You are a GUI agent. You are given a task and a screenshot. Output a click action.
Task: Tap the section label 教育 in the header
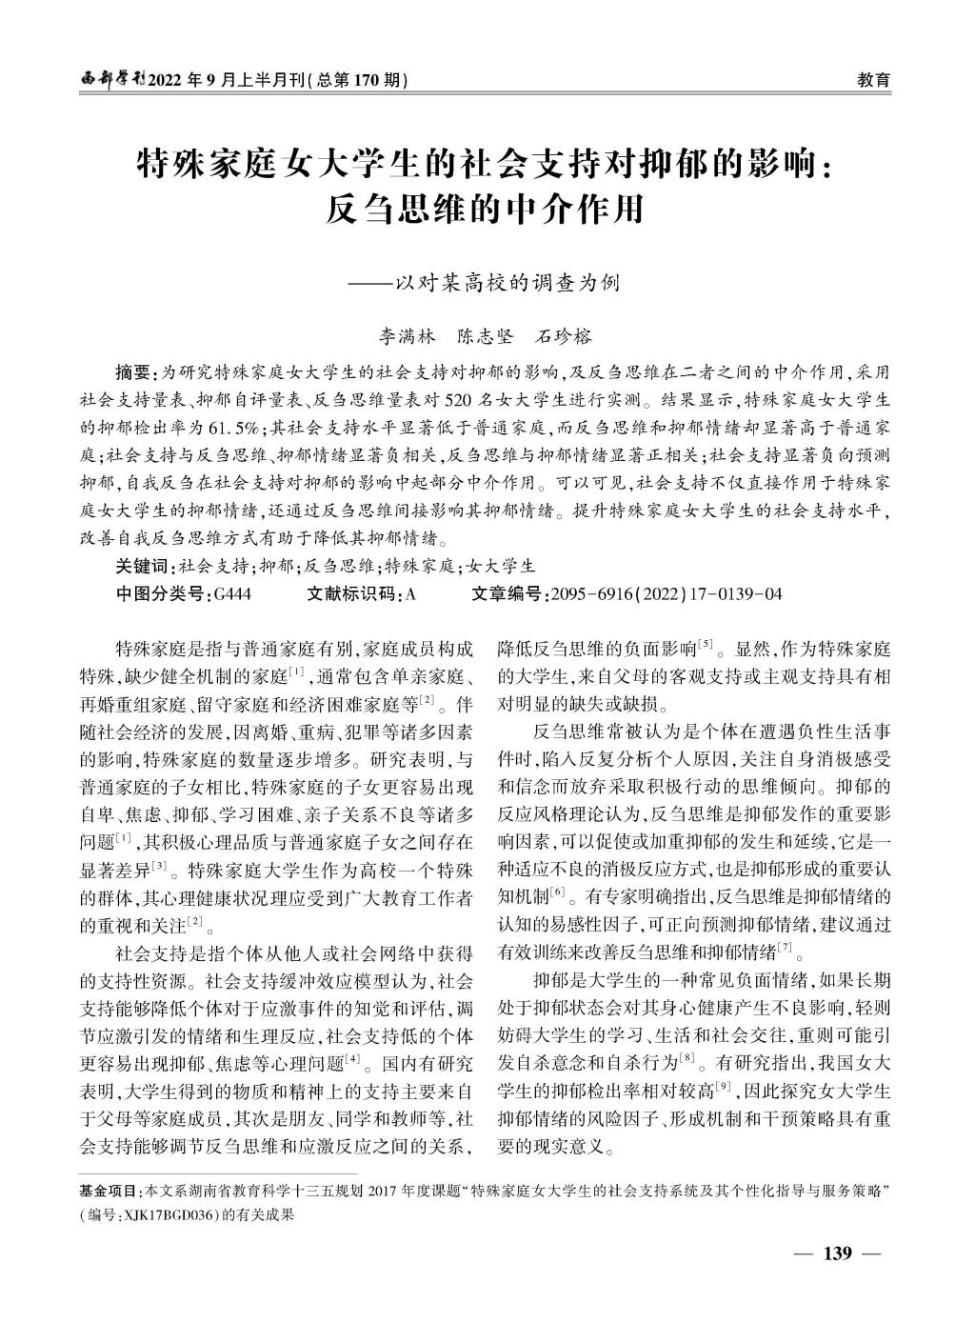(x=874, y=81)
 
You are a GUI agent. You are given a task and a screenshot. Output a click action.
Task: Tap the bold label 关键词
(x=144, y=565)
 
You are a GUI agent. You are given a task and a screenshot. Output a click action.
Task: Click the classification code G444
(x=233, y=593)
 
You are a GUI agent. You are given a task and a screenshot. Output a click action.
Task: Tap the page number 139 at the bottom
(x=837, y=1252)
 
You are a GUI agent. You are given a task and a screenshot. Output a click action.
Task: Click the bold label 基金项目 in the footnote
(x=109, y=1192)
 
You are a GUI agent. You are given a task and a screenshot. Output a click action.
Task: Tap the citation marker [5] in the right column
(x=706, y=646)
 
